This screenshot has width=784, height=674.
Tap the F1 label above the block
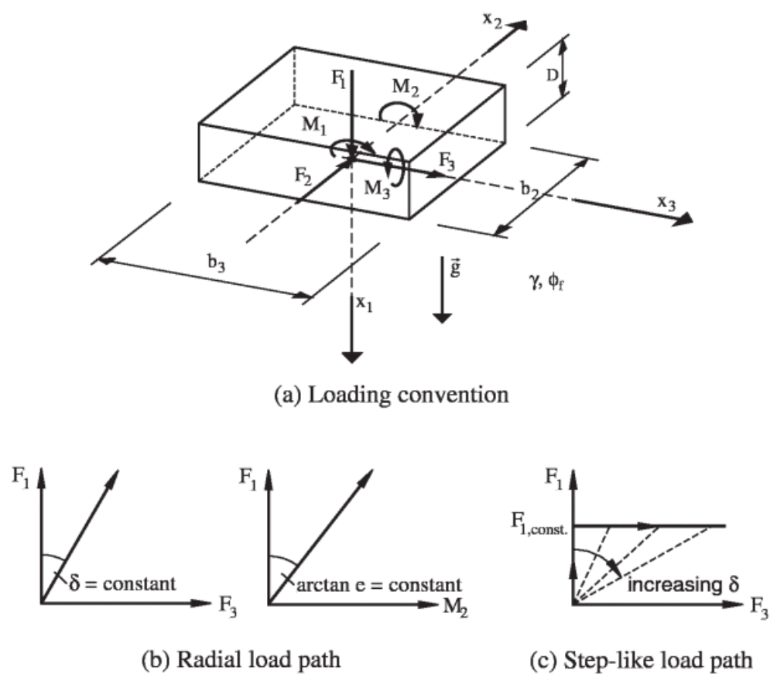tap(334, 80)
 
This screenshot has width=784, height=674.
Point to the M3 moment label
tap(378, 186)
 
